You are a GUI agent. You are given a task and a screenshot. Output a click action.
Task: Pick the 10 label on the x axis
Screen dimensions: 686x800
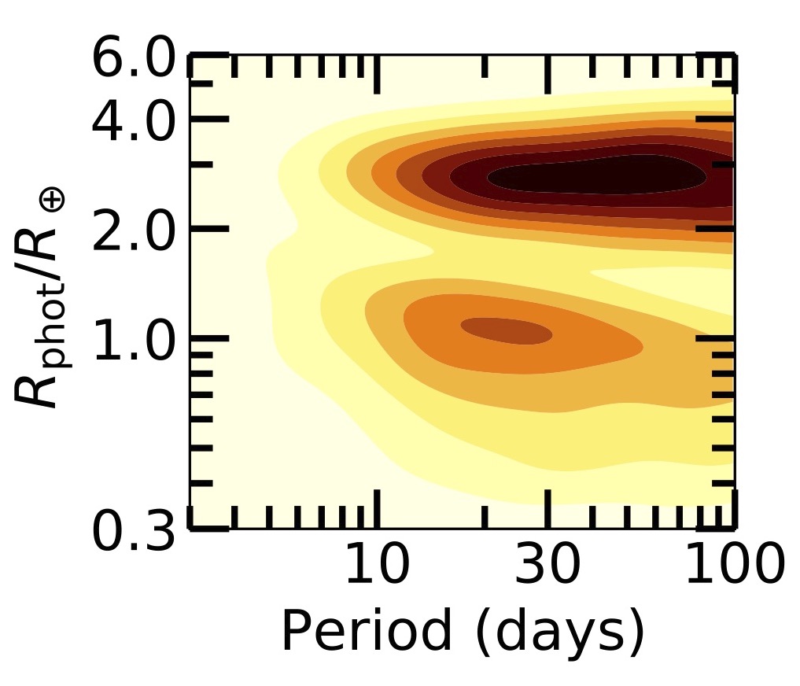point(378,565)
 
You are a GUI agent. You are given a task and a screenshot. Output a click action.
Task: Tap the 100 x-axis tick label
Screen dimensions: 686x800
point(733,565)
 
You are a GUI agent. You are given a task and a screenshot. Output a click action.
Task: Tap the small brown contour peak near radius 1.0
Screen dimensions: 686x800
point(507,330)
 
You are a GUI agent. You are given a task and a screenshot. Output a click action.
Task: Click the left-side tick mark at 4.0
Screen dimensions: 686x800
point(208,119)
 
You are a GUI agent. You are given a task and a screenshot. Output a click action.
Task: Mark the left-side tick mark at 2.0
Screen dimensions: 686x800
point(208,228)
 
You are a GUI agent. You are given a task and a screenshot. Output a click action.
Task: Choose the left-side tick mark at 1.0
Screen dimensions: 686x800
point(208,338)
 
